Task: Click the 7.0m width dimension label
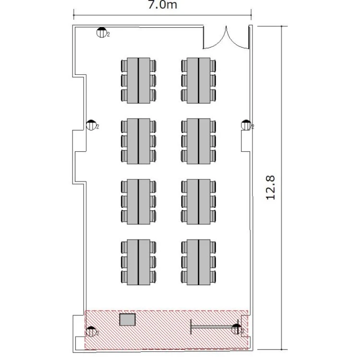[162, 5]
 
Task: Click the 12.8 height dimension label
[270, 188]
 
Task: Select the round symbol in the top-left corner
[101, 32]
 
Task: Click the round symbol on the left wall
[91, 125]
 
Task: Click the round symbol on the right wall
[246, 125]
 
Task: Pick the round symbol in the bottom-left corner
[91, 332]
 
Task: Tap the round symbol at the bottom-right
[237, 329]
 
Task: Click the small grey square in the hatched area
[127, 320]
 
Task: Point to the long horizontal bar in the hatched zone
[212, 327]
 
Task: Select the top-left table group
[138, 81]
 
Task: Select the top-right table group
[199, 81]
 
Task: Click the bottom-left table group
[138, 262]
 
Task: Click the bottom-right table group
[199, 262]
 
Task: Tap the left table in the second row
[138, 141]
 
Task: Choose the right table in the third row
[199, 202]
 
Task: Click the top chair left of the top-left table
[124, 66]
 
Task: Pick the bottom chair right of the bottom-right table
[213, 277]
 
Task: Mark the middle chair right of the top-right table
[213, 80]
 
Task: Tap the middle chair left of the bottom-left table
[124, 262]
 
